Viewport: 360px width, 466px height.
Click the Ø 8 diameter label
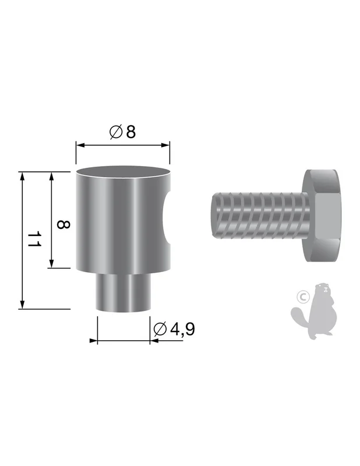coord(122,132)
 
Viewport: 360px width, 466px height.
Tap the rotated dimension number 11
coord(34,239)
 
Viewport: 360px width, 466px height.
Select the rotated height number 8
coord(63,224)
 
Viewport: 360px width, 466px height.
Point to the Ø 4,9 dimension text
coord(174,329)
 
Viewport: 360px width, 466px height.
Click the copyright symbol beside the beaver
coord(303,296)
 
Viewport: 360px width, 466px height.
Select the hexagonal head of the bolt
coord(321,216)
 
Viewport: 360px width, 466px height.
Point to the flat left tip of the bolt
coord(213,216)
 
